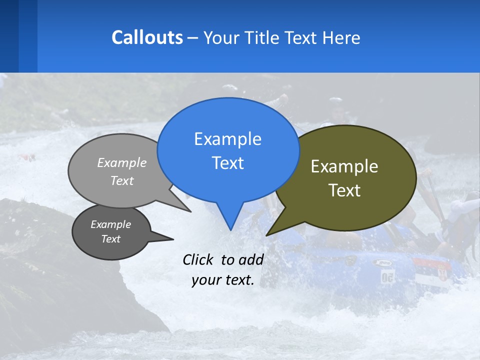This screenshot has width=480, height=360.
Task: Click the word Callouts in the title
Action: click(x=147, y=38)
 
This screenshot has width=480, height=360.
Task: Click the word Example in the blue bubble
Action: click(x=227, y=139)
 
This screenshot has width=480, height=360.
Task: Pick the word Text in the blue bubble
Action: click(x=227, y=163)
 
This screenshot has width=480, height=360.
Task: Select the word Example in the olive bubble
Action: click(x=344, y=166)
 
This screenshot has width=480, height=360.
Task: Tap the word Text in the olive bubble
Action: click(x=344, y=190)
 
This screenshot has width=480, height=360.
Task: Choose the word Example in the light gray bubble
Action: click(x=122, y=162)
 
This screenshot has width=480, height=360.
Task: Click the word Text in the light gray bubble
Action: click(x=122, y=180)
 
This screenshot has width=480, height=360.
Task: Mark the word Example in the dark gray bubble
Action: click(x=110, y=224)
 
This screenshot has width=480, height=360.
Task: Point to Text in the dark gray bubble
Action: click(x=110, y=239)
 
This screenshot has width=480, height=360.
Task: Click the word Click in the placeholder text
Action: click(x=199, y=260)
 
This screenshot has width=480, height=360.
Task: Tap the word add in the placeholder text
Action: click(x=250, y=260)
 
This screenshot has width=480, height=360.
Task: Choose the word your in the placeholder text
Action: click(x=205, y=280)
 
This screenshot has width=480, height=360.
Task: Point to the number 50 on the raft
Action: click(x=387, y=276)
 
